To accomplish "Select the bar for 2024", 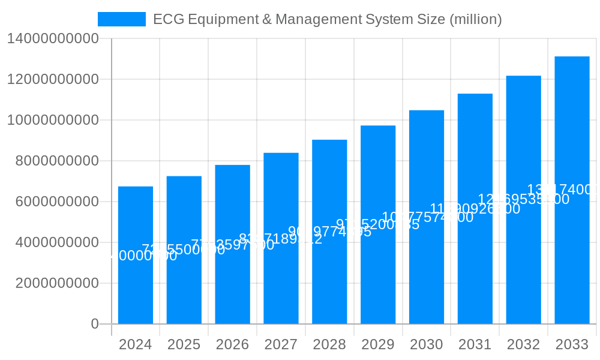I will tap(136, 288).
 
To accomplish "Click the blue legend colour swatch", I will tap(122, 19).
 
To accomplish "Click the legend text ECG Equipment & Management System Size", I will tap(327, 19).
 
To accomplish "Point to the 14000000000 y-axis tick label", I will tap(53, 39).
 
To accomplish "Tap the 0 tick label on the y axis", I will tap(95, 324).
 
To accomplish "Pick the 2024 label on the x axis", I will tap(136, 344).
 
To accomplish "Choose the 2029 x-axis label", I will tap(378, 344).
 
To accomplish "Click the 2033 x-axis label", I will tap(572, 344).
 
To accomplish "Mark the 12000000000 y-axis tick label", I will tap(53, 79).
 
